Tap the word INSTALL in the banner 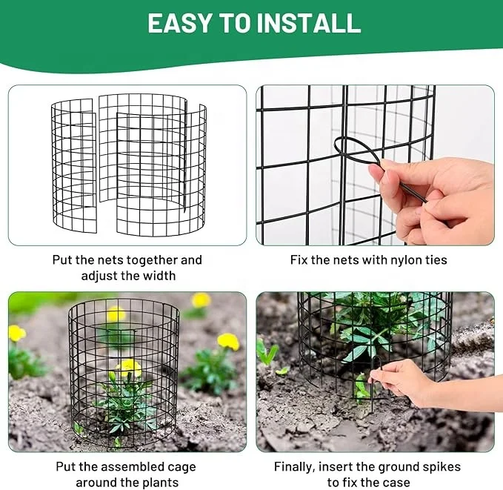click(x=308, y=23)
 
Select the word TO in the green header click(x=234, y=23)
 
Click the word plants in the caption click(x=158, y=482)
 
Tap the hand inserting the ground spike click(x=404, y=380)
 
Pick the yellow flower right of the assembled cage click(x=228, y=341)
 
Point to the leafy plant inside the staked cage click(x=370, y=326)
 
